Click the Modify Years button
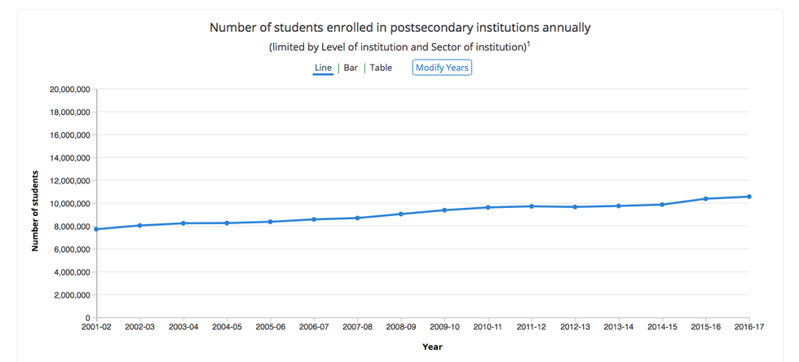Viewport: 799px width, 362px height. point(442,68)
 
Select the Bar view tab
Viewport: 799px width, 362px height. point(351,68)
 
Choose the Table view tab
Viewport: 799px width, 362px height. point(381,68)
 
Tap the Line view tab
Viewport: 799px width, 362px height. point(323,68)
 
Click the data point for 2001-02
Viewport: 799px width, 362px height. point(96,229)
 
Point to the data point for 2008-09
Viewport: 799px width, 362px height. point(400,214)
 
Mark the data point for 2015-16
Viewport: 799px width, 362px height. point(705,199)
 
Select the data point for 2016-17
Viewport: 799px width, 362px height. point(748,196)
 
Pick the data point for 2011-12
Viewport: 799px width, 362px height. point(531,206)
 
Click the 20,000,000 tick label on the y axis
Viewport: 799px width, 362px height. point(68,89)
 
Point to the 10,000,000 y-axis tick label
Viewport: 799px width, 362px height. point(68,203)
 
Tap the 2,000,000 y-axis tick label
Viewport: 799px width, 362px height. point(70,294)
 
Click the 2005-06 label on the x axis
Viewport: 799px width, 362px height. point(270,327)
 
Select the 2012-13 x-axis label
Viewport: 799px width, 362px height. point(575,327)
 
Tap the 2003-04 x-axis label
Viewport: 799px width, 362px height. point(183,327)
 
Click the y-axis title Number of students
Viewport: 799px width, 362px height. point(36,210)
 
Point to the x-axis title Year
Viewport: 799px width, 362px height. point(432,347)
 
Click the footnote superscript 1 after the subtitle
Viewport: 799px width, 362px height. point(528,44)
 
